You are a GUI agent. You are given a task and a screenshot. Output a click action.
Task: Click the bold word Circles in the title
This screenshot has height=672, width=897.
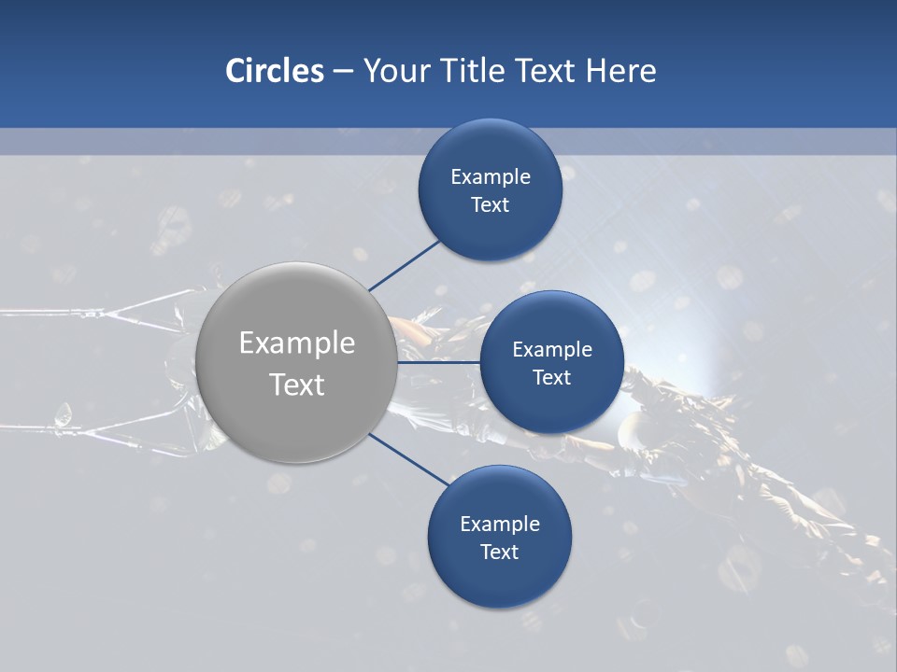[x=274, y=71]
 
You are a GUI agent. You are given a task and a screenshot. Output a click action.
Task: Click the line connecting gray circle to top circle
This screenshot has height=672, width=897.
[x=406, y=264]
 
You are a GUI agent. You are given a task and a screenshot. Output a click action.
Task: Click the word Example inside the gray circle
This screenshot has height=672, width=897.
[x=297, y=343]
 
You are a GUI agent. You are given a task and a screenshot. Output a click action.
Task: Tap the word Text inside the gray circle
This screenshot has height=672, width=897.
[x=297, y=385]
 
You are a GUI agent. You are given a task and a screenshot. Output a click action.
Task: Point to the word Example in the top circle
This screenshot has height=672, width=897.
[x=491, y=177]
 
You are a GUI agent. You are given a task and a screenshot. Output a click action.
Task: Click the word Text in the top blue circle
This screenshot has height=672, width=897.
[x=491, y=205]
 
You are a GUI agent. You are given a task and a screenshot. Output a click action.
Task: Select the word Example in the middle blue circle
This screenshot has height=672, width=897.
[x=552, y=350]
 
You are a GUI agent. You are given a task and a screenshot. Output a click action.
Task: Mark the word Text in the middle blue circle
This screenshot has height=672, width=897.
[x=551, y=378]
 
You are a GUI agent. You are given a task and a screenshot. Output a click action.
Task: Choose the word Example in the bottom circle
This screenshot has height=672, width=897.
[x=500, y=525]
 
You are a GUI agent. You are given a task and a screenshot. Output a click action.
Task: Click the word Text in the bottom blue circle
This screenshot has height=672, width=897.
[x=499, y=553]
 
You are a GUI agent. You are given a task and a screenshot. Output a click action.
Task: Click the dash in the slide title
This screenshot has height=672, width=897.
[x=343, y=72]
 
